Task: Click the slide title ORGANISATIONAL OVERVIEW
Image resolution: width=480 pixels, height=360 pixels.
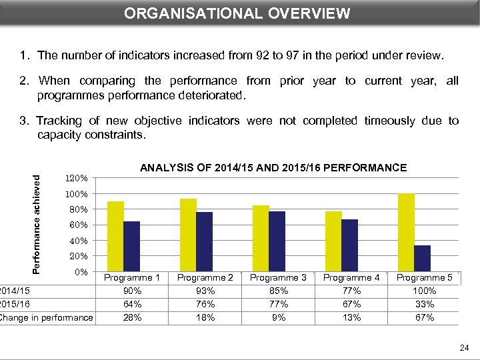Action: pos(237,13)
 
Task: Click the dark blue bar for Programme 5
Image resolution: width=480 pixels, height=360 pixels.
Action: pos(422,258)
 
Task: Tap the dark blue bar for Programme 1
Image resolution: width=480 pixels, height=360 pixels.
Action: pos(132,246)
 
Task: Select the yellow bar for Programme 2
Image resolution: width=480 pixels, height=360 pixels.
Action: pos(188,235)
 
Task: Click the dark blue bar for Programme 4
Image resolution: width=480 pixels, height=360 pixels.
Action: pos(349,245)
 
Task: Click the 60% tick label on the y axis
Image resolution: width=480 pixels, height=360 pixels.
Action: pos(78,225)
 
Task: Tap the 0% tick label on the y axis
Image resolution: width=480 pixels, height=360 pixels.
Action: pos(81,272)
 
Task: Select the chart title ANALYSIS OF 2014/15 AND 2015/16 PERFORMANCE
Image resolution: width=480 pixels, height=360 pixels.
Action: pos(273,168)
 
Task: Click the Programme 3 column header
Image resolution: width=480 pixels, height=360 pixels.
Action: pos(279,277)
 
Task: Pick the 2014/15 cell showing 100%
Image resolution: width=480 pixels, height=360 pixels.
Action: pos(424,291)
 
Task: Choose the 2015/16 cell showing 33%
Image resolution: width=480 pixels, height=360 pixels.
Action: pos(424,304)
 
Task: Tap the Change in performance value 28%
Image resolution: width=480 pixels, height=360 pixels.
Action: pos(133,317)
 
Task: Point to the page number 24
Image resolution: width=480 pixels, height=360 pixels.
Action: pos(464,347)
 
